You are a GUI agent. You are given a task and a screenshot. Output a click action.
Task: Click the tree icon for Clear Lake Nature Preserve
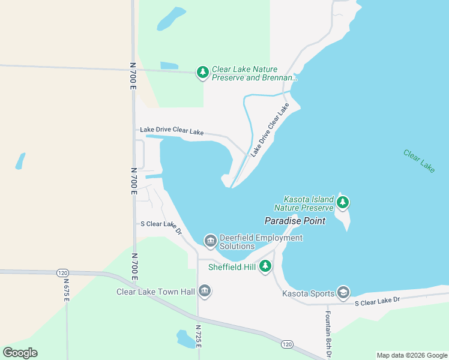(x=203, y=73)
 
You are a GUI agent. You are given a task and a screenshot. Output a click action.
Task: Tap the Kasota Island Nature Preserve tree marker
(x=343, y=202)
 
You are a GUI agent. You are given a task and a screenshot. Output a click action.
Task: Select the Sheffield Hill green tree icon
(x=265, y=267)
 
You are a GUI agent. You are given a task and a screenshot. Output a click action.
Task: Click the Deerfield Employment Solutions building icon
(x=210, y=241)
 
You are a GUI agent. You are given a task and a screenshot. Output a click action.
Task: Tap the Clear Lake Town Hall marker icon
(x=204, y=291)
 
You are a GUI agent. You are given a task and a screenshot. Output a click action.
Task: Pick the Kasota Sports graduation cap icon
(x=343, y=293)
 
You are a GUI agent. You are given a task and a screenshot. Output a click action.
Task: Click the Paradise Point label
(x=295, y=221)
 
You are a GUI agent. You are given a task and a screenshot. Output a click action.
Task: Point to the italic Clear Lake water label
(x=419, y=161)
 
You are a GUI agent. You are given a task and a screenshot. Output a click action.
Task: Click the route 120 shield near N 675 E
(x=63, y=272)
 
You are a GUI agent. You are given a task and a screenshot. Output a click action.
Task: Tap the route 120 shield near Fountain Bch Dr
(x=287, y=344)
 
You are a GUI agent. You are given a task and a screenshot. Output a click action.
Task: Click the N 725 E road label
(x=198, y=337)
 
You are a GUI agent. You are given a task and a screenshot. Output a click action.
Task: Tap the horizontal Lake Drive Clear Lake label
(x=172, y=130)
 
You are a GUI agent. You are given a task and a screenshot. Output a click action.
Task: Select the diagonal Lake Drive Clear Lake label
(x=270, y=130)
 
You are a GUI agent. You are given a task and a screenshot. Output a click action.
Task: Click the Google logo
(x=20, y=352)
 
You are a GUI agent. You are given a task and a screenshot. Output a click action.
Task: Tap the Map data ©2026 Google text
(x=411, y=355)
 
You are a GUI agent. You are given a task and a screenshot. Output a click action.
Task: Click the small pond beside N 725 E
(x=183, y=338)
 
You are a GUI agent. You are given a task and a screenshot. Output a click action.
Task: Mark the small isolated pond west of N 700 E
(x=20, y=161)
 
